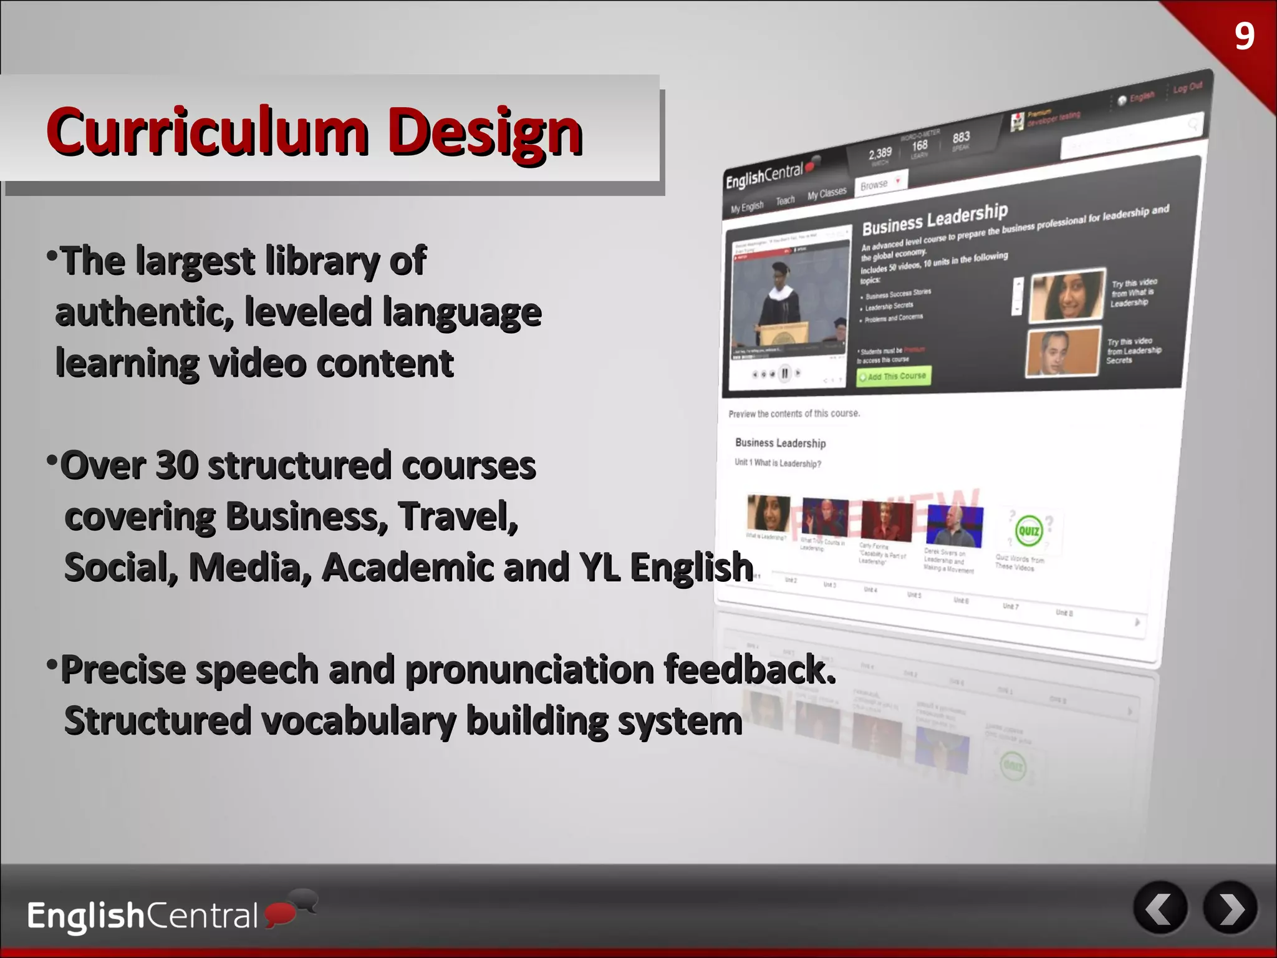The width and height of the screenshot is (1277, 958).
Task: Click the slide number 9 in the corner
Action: [1244, 36]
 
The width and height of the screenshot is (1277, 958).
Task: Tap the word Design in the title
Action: [484, 133]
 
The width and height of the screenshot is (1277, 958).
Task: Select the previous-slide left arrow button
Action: [1160, 909]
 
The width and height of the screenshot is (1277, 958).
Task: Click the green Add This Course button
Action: [893, 377]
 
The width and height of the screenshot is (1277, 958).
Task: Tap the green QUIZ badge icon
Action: [1028, 531]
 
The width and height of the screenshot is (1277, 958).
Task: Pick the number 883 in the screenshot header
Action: [961, 137]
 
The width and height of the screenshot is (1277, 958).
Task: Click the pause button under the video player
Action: [784, 374]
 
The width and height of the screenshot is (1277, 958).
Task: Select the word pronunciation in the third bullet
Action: [529, 670]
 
